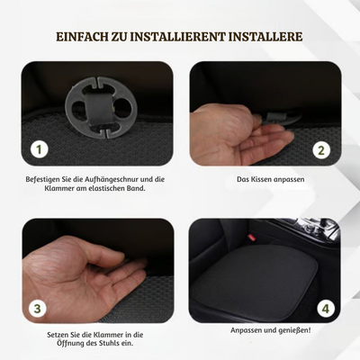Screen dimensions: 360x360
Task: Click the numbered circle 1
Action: (x=39, y=149)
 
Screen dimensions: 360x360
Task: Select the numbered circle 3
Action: (x=39, y=309)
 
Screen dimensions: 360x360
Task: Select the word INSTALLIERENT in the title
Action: (x=184, y=37)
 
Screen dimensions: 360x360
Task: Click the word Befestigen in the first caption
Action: (x=46, y=180)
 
